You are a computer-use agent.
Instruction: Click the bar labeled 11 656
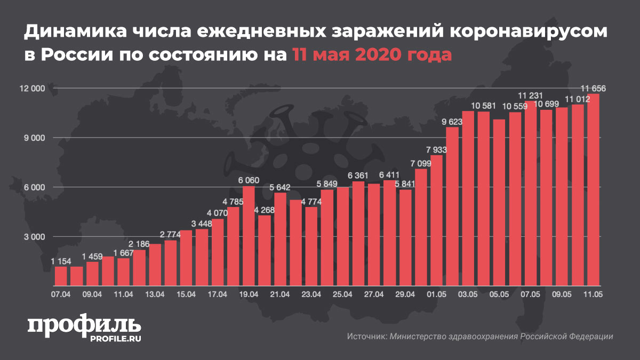pos(593,189)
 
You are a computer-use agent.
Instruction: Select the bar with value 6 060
pos(249,235)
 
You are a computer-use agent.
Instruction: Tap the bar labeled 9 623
pos(452,205)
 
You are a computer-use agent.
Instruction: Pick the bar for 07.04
pos(61,275)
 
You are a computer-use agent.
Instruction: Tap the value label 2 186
pos(139,245)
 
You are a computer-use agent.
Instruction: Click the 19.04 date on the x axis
pos(249,294)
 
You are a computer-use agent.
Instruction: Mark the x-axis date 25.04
pos(342,294)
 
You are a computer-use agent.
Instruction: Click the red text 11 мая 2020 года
pos(371,54)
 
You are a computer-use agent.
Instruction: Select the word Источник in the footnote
pos(366,337)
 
